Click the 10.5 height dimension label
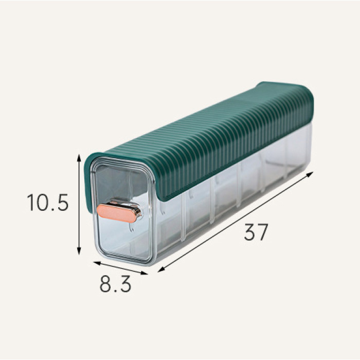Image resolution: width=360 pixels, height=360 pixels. (x=48, y=203)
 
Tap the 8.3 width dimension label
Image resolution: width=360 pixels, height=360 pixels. (x=116, y=284)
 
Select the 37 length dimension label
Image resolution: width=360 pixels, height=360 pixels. (x=256, y=232)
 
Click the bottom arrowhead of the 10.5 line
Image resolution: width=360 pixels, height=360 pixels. (x=79, y=251)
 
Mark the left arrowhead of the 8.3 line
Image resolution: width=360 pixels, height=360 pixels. (x=97, y=263)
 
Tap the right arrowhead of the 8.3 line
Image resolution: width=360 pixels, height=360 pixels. (x=145, y=273)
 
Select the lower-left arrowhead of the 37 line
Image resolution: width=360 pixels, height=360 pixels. (x=160, y=270)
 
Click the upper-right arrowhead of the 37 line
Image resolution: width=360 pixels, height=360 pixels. (x=311, y=174)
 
